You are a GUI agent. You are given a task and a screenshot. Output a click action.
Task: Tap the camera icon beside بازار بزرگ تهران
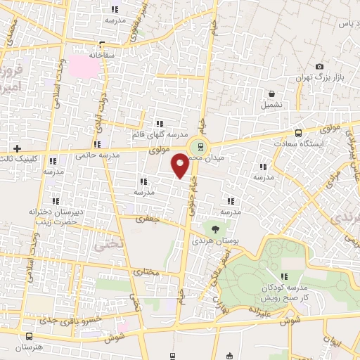pos(319,65)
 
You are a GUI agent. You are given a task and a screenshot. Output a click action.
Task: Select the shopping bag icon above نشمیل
pos(271,93)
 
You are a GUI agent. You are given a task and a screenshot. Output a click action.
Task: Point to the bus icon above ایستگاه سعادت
pos(299,132)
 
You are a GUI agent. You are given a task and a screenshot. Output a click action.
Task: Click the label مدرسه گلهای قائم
pos(157,134)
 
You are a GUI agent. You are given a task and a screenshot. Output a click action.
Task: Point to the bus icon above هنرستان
pos(29,336)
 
